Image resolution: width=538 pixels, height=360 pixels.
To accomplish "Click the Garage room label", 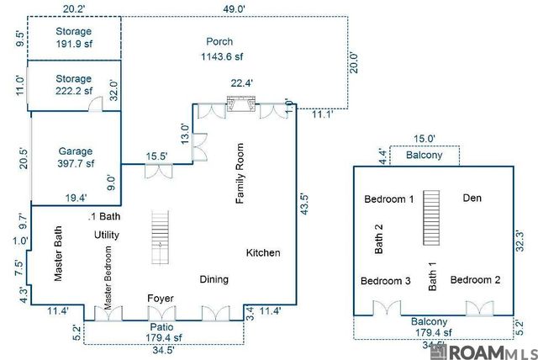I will tap(75, 151).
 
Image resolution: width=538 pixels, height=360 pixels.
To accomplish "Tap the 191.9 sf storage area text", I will tap(74, 44).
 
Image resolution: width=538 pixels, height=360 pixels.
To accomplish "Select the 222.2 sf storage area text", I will tap(74, 91).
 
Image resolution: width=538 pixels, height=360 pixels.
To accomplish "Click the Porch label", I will tap(219, 41).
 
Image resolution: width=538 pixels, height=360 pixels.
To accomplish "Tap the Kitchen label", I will tap(263, 253).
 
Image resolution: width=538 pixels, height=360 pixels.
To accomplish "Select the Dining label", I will tap(214, 279).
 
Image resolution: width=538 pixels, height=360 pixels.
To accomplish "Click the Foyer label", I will tap(161, 299).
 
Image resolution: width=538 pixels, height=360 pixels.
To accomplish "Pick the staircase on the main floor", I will tap(161, 231).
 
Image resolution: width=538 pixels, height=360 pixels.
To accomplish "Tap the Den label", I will tap(472, 198).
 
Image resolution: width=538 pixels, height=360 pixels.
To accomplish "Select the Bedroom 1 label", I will tap(388, 199).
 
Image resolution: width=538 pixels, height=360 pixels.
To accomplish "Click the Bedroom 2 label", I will tap(475, 280).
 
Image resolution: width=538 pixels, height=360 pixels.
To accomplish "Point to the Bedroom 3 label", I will tap(385, 281).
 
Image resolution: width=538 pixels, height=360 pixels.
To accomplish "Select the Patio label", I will tap(161, 326).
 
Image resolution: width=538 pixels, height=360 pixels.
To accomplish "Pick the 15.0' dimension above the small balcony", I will tap(425, 139).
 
